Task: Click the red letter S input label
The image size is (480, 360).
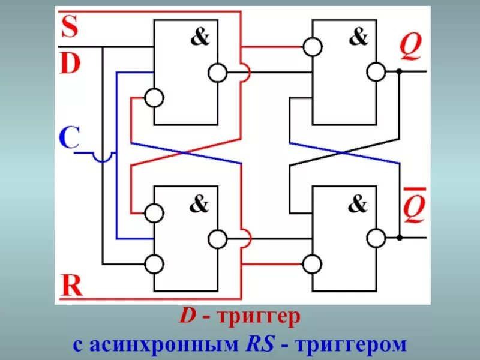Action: pos(70,27)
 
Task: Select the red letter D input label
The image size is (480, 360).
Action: pos(70,63)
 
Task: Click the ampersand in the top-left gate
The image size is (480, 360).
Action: pos(200,38)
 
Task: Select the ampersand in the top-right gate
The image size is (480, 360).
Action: pos(358,38)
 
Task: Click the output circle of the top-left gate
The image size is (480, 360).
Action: pos(217,73)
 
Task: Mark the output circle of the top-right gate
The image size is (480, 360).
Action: pos(376,72)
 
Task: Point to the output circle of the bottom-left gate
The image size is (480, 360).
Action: pos(217,238)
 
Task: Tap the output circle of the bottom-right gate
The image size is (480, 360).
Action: pos(376,238)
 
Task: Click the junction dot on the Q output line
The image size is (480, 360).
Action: pos(398,71)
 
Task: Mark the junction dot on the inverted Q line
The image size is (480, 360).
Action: pos(398,238)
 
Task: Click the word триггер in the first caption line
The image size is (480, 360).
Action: pos(261,318)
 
